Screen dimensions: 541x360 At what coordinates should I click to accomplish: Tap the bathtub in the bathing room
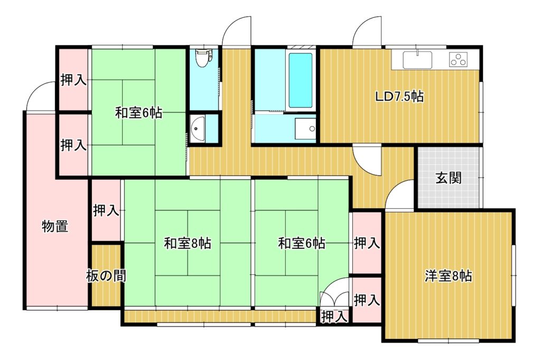(x=300, y=80)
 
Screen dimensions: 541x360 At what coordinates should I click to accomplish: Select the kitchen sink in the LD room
(x=417, y=59)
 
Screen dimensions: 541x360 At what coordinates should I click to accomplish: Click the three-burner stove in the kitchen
(x=458, y=59)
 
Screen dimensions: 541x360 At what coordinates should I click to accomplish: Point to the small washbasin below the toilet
(x=198, y=128)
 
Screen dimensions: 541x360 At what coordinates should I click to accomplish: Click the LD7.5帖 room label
(x=399, y=97)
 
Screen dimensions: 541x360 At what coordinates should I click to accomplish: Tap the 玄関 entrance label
(x=448, y=179)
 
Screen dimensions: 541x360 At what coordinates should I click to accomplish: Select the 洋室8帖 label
(x=448, y=276)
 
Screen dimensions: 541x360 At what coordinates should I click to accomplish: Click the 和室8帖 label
(x=188, y=243)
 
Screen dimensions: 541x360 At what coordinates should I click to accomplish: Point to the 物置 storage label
(x=55, y=226)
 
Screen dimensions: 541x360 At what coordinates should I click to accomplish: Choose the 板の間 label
(x=106, y=276)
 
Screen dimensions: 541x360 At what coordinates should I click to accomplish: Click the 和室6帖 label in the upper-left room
(x=138, y=113)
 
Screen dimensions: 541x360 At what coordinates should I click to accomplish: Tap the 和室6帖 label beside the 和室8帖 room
(x=302, y=243)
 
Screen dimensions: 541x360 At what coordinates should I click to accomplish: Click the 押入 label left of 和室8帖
(x=106, y=210)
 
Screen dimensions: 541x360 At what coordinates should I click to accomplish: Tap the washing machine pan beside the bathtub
(x=305, y=128)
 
